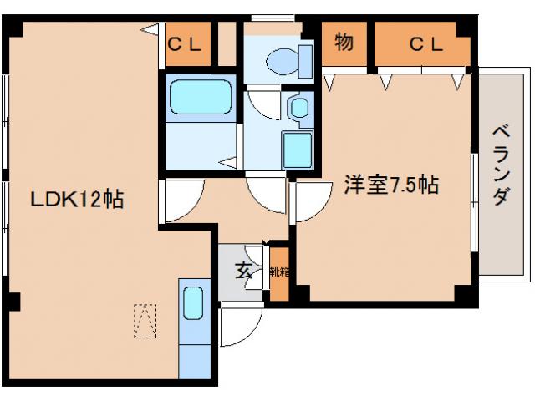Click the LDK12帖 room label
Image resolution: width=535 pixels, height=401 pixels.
pos(78,200)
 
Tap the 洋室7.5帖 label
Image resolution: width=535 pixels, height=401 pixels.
pos(390,185)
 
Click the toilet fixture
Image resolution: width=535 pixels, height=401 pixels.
pos(286,60)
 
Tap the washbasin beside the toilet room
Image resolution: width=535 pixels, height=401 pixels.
pos(298,107)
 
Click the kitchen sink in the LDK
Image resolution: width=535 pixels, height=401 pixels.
pos(193,302)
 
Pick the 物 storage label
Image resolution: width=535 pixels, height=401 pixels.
pos(344,43)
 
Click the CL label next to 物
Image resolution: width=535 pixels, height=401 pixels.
pos(425,45)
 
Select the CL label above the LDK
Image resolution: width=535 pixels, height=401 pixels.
pos(185,45)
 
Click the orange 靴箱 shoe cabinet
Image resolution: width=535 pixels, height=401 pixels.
pos(278,272)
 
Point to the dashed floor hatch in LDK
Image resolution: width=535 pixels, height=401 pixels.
pos(145,320)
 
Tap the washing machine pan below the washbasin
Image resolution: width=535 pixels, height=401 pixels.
pos(297,150)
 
